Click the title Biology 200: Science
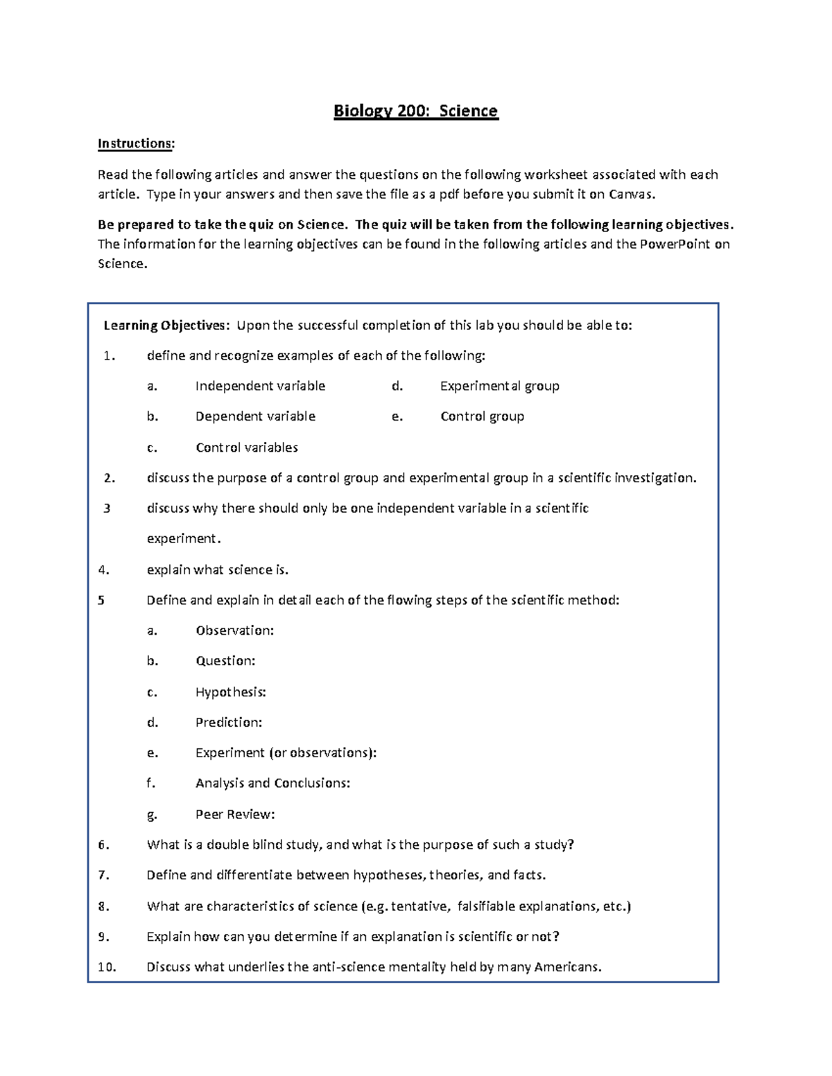point(415,111)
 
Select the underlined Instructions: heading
point(136,143)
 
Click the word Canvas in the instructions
point(631,194)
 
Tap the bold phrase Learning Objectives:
point(165,326)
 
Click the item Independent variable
point(260,386)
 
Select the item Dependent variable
point(255,416)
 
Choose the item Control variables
point(247,448)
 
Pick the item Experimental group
point(499,386)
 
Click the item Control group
point(482,416)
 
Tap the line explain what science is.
point(217,570)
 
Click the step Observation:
point(234,630)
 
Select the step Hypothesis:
point(230,692)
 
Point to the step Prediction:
point(229,723)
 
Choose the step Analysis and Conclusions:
point(272,784)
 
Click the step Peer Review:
point(235,815)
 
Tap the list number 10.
point(107,967)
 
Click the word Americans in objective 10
point(567,967)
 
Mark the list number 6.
point(103,845)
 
